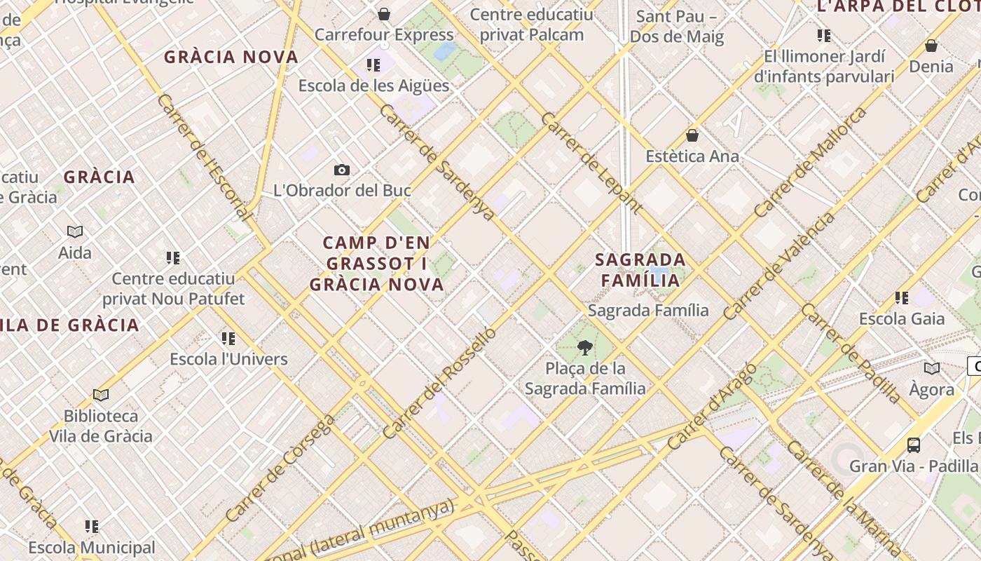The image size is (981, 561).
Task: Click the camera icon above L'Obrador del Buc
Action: pos(342,170)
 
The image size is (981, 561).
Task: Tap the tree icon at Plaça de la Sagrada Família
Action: pos(584,347)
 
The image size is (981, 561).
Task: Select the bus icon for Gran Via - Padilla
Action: pos(914,445)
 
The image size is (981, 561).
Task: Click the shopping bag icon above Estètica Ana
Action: pos(692,135)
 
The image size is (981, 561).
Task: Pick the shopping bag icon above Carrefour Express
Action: pos(384,14)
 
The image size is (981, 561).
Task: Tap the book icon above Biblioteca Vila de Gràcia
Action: pos(101,396)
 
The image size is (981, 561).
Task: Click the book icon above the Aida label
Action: pos(75,231)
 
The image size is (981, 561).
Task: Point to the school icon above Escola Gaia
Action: pos(902,298)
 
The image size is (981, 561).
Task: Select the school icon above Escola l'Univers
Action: pos(228,339)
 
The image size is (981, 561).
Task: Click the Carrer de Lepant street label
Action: pos(591,162)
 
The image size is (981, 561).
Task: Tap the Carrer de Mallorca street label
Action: pos(811,162)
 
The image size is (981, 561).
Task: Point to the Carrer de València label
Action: pos(779,266)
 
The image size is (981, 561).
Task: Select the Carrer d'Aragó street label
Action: pos(713,406)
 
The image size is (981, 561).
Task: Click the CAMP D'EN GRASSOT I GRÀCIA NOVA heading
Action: pos(377,264)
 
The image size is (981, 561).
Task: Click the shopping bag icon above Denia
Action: pos(931,46)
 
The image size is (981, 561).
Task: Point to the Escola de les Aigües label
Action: pos(373,86)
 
